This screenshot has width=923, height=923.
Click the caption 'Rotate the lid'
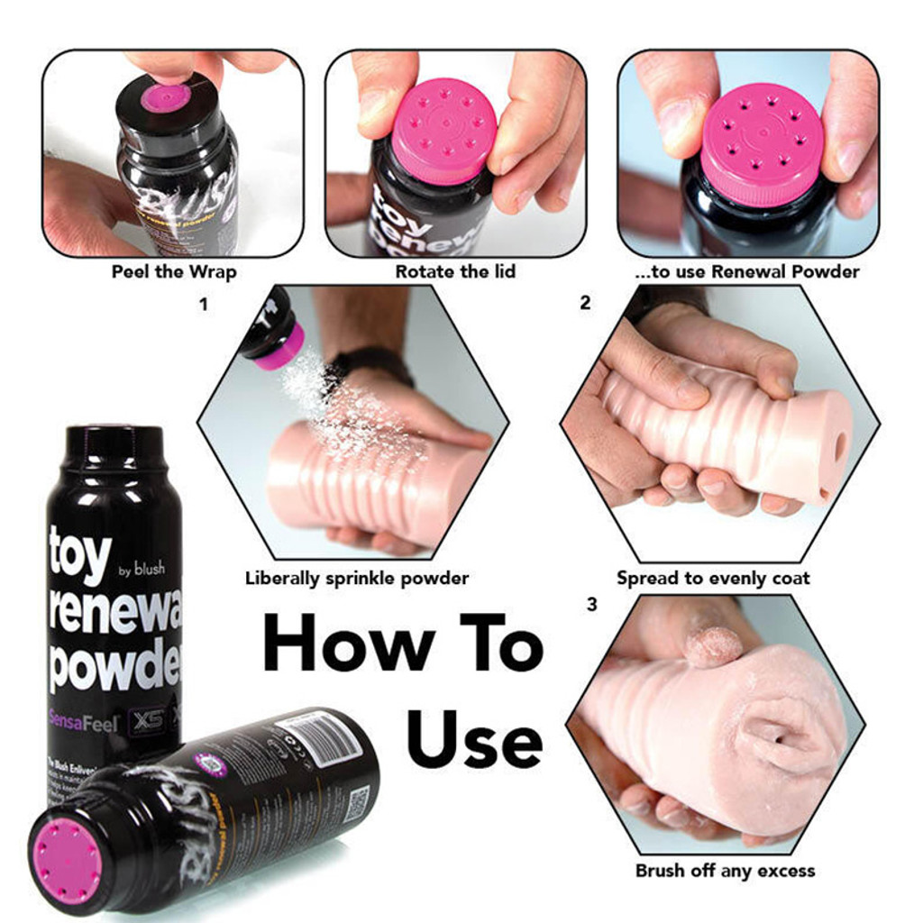coord(455,271)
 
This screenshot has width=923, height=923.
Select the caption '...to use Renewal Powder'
coord(747,271)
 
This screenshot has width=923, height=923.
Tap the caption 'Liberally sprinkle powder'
coord(357,579)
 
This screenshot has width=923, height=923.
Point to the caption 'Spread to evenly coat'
coord(713,579)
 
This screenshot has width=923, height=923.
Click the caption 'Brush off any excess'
coord(725,871)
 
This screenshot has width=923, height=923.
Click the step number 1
coord(204,305)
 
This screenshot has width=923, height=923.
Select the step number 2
coord(585,304)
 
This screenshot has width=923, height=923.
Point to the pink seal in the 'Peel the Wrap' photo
coord(165,97)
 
